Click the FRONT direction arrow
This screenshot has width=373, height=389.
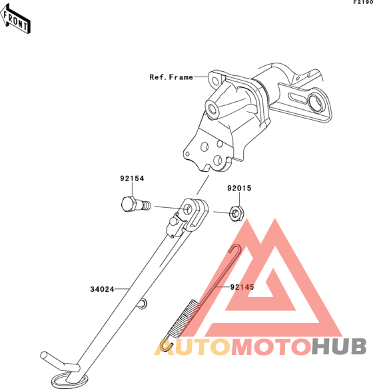(x=15, y=19)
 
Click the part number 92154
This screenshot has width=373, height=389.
(x=132, y=179)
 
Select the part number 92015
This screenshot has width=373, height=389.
(x=239, y=188)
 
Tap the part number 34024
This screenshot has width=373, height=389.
(x=102, y=289)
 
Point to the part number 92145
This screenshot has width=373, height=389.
(x=242, y=287)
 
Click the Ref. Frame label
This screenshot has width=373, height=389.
(x=171, y=77)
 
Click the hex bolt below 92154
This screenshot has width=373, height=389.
(x=136, y=204)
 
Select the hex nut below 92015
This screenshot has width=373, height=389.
(x=236, y=213)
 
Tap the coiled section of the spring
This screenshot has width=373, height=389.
(x=183, y=317)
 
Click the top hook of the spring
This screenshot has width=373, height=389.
(x=236, y=248)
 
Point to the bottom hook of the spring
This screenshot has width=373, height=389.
(x=166, y=345)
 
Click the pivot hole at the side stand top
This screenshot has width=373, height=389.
(x=189, y=209)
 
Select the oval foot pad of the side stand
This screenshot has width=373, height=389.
(x=69, y=380)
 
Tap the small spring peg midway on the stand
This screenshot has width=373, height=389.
(x=143, y=304)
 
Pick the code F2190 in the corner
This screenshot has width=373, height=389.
(x=363, y=2)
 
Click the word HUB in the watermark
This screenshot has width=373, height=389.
(x=339, y=346)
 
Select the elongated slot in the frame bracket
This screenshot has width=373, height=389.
(x=298, y=97)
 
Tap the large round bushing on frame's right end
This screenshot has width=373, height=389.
(x=316, y=102)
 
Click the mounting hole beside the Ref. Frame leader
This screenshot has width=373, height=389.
(x=215, y=81)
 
